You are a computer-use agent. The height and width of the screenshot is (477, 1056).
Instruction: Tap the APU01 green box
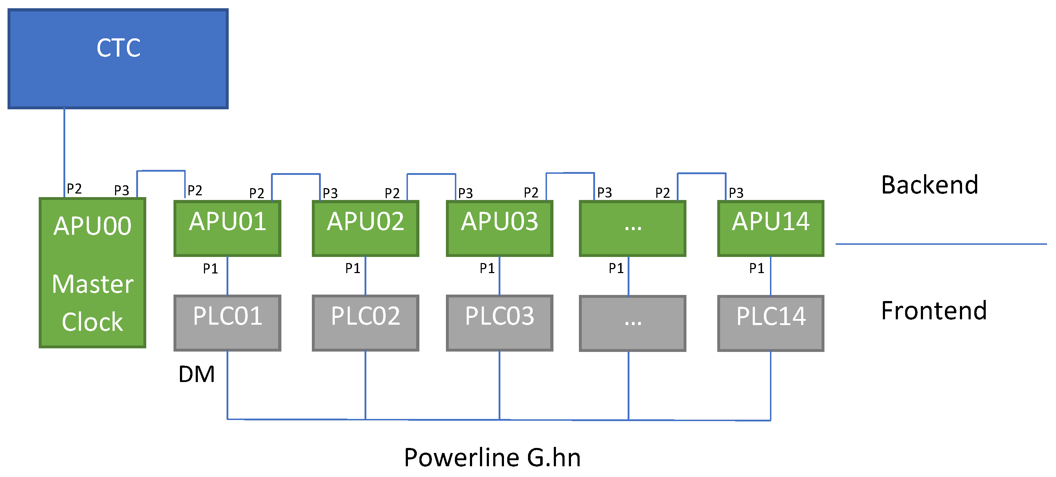tap(228, 228)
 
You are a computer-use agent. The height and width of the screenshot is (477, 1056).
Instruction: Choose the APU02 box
tap(365, 228)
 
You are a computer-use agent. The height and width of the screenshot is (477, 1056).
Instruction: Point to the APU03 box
tap(499, 228)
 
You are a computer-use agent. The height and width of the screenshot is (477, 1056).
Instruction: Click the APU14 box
tap(770, 228)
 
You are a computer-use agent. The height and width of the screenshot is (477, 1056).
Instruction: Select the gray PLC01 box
tap(228, 323)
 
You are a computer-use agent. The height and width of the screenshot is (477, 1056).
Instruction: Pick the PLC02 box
tap(365, 323)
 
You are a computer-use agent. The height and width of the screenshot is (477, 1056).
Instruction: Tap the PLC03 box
tap(499, 323)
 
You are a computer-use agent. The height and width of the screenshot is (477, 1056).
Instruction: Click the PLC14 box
tap(770, 323)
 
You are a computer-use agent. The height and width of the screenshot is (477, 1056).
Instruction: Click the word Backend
tap(929, 185)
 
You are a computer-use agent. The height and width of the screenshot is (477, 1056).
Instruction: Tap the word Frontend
tap(933, 311)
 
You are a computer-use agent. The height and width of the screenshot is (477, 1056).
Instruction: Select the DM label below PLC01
tap(196, 374)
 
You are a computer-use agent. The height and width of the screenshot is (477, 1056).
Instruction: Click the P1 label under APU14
tap(756, 268)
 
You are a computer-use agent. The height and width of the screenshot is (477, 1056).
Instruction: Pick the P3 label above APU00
tap(122, 190)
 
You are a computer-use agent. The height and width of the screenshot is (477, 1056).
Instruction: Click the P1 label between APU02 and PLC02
tap(353, 268)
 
